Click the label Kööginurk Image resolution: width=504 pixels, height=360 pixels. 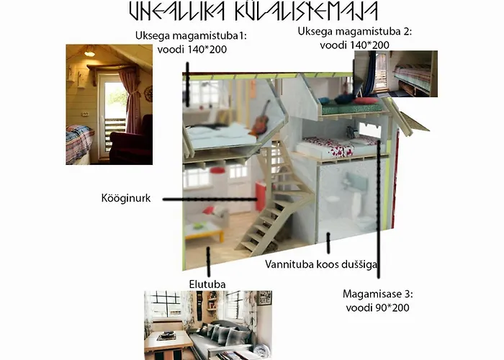point(127,197)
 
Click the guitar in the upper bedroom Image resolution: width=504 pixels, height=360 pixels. point(261,119)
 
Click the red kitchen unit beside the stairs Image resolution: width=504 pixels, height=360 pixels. point(261,197)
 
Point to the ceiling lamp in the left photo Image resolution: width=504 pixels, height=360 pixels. point(89,53)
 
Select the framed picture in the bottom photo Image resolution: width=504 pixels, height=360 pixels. point(264,298)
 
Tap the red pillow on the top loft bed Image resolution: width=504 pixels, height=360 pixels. point(367,101)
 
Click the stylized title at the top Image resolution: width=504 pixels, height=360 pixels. point(252,12)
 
